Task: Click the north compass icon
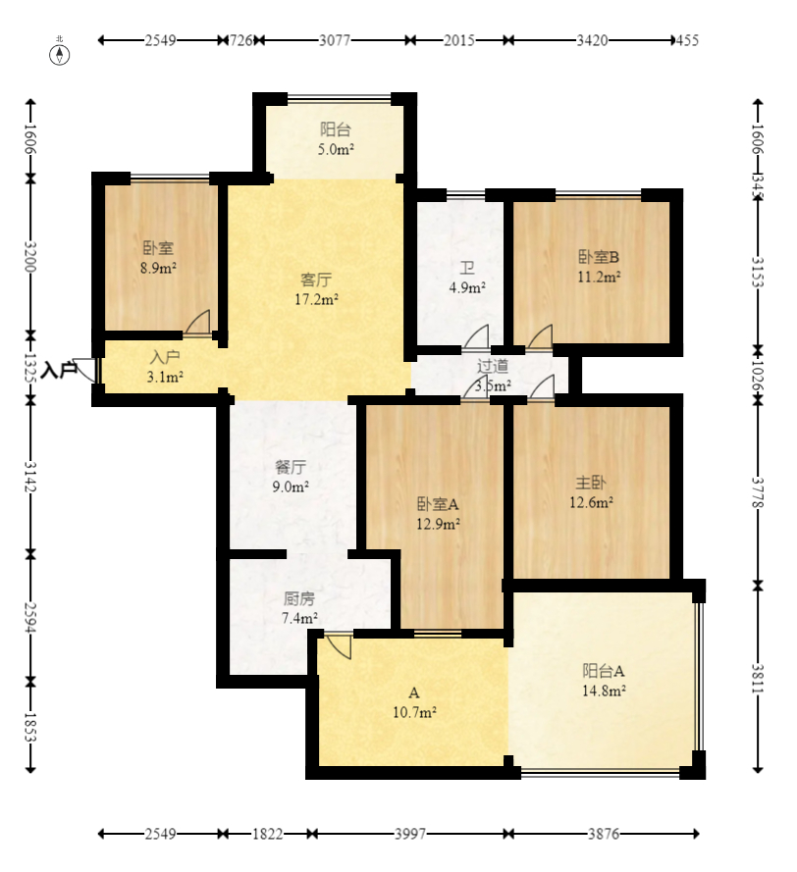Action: click(60, 55)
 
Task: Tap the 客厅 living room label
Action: click(316, 280)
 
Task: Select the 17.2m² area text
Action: click(317, 300)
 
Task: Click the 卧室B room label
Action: click(599, 257)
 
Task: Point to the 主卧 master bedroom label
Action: click(591, 483)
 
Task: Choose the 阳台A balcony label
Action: click(604, 671)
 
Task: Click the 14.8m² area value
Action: click(604, 691)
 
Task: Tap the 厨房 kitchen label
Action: click(299, 598)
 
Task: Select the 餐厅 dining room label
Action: click(291, 467)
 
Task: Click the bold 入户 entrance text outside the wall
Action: click(59, 369)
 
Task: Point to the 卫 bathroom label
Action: click(467, 268)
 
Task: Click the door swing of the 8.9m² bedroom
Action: click(198, 323)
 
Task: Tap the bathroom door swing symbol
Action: click(475, 338)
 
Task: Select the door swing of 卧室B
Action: click(540, 338)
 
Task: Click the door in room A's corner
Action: click(339, 646)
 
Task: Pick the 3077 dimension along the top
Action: click(335, 40)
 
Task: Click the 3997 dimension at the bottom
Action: click(410, 834)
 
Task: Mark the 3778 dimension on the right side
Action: click(758, 492)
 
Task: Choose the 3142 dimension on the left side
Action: click(30, 477)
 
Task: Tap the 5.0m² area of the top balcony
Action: click(336, 150)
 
